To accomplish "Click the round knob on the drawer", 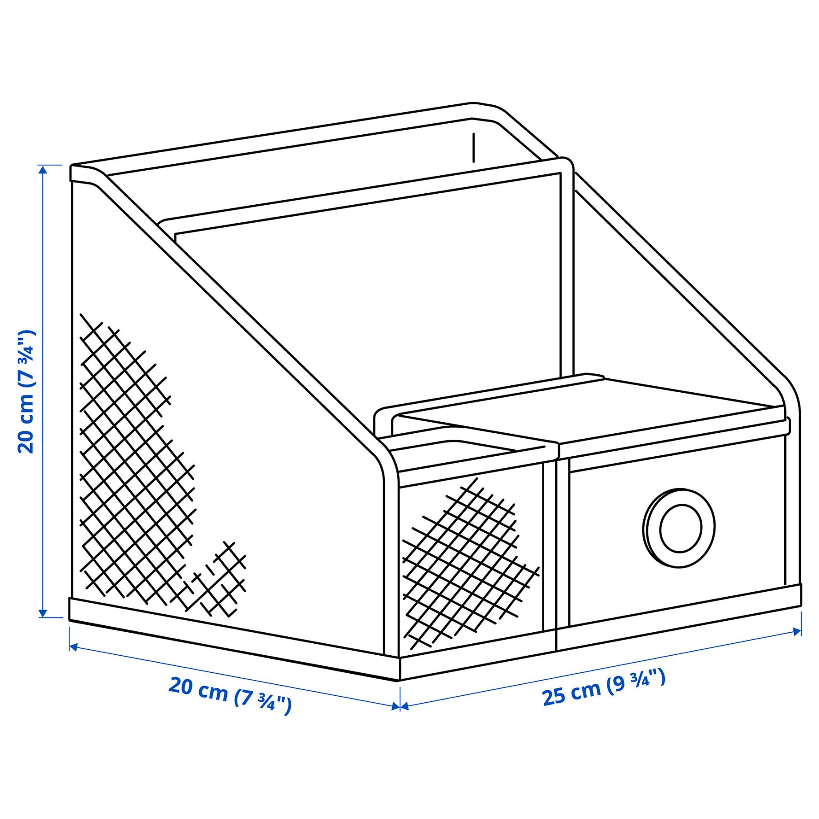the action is (x=679, y=528).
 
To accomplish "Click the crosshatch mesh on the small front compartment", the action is (x=469, y=564).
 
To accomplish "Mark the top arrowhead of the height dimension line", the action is (x=43, y=170).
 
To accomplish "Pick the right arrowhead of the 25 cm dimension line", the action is (x=797, y=631).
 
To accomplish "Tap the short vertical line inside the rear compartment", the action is (x=473, y=148).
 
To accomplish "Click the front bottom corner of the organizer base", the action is (x=399, y=680).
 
